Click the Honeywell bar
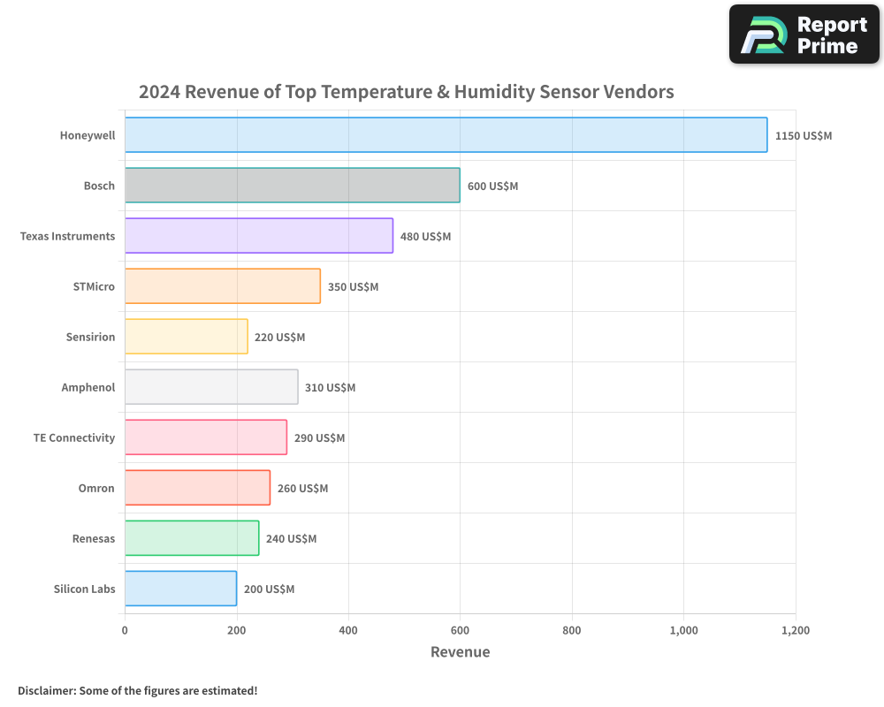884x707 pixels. pyautogui.click(x=446, y=135)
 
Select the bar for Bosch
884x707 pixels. pyautogui.click(x=292, y=186)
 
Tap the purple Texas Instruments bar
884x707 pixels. pyautogui.click(x=258, y=236)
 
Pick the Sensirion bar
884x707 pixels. pyautogui.click(x=186, y=337)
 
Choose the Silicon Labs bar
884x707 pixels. pyautogui.click(x=180, y=589)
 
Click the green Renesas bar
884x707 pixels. pyautogui.click(x=192, y=538)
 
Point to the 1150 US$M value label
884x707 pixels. pyautogui.click(x=804, y=136)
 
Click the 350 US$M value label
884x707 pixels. pyautogui.click(x=353, y=287)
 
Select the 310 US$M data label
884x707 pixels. pyautogui.click(x=330, y=388)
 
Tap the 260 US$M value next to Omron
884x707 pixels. pyautogui.click(x=302, y=489)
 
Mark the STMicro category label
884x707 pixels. pyautogui.click(x=94, y=287)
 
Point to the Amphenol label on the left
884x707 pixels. pyautogui.click(x=88, y=388)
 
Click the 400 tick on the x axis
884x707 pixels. pyautogui.click(x=348, y=631)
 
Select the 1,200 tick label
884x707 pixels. pyautogui.click(x=796, y=631)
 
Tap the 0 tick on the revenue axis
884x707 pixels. pyautogui.click(x=125, y=631)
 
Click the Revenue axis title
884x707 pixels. pyautogui.click(x=460, y=652)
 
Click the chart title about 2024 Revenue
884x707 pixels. pyautogui.click(x=406, y=92)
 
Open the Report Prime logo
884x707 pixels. pyautogui.click(x=804, y=34)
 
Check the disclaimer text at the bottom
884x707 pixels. pyautogui.click(x=138, y=690)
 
